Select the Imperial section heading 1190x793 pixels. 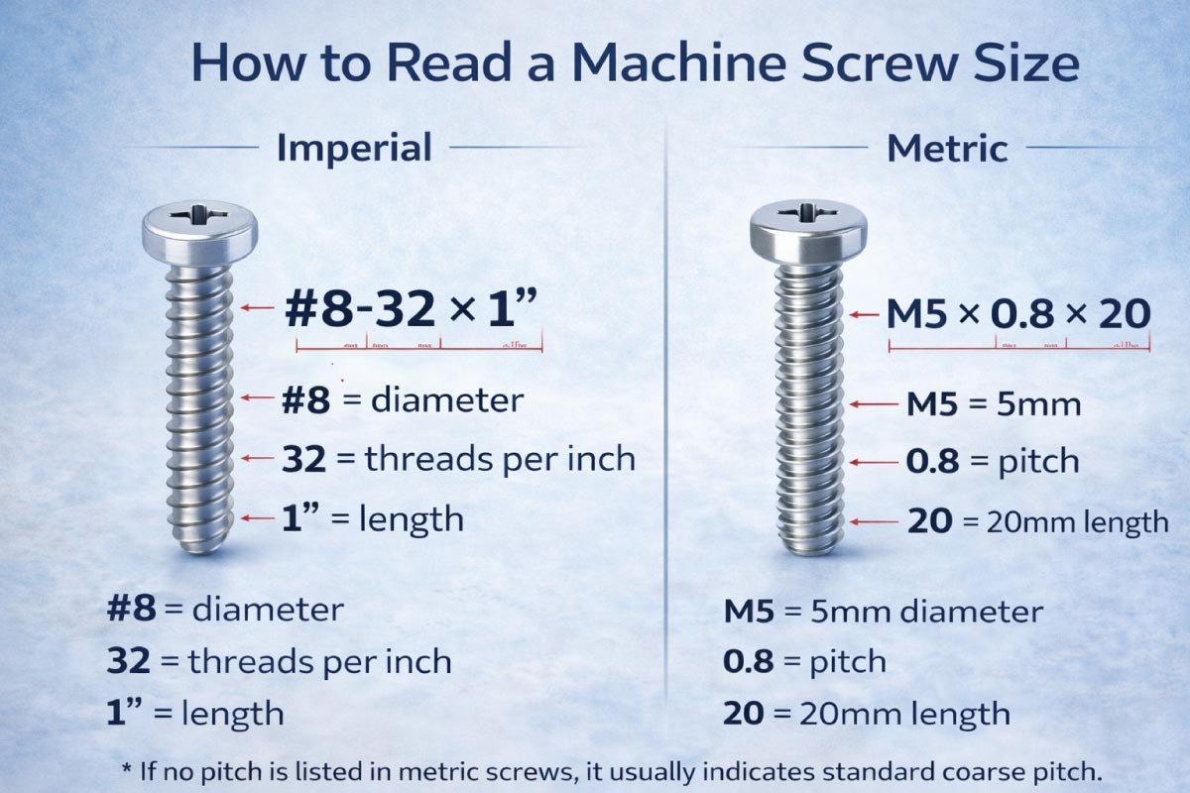point(354,149)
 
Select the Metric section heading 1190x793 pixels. point(947,149)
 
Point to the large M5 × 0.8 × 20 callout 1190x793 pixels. point(1017,314)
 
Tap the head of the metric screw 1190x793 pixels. point(806,228)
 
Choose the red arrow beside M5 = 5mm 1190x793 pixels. point(872,404)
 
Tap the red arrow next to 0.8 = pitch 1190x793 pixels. point(872,462)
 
